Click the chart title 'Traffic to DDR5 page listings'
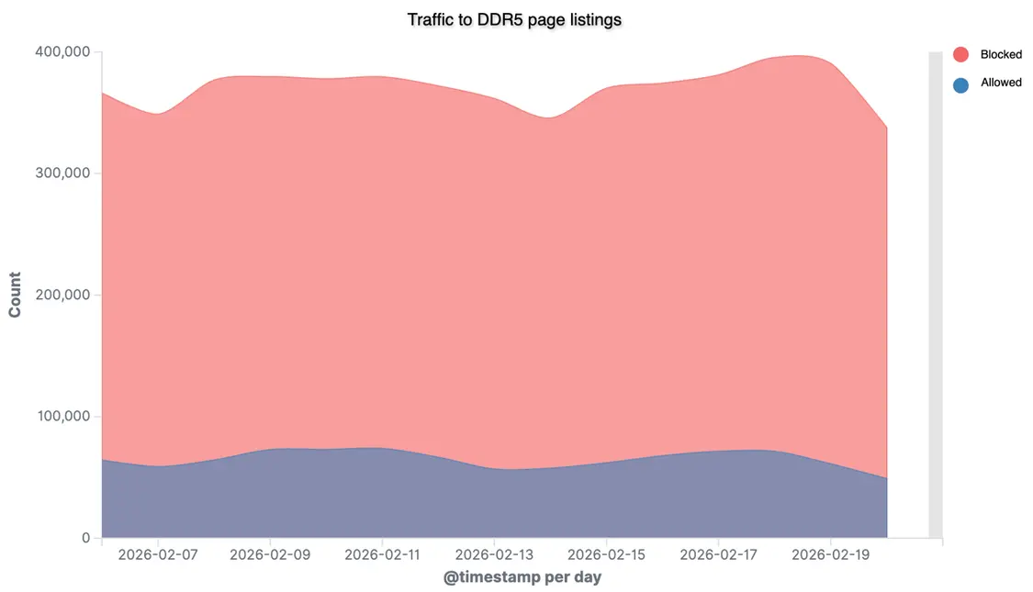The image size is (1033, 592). click(x=514, y=18)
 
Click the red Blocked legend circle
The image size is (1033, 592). click(x=960, y=54)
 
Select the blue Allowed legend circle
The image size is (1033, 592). click(x=960, y=84)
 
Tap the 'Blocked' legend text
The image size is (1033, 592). click(x=1001, y=55)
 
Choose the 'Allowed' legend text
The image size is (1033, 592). click(x=1001, y=83)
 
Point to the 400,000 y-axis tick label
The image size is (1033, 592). click(x=63, y=52)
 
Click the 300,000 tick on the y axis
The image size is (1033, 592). click(x=63, y=173)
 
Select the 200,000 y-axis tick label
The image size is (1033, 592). click(x=63, y=295)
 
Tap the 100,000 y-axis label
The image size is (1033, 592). click(x=63, y=417)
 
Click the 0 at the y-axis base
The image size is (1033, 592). click(x=85, y=538)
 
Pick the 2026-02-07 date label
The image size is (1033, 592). click(x=158, y=555)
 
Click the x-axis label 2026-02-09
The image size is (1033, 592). click(x=270, y=555)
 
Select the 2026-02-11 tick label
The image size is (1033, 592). click(x=382, y=555)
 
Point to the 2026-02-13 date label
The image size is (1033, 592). click(x=494, y=555)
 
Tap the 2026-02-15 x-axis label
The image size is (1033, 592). click(x=606, y=555)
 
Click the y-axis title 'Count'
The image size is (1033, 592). click(x=15, y=296)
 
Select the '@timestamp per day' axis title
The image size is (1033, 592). click(x=522, y=578)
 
